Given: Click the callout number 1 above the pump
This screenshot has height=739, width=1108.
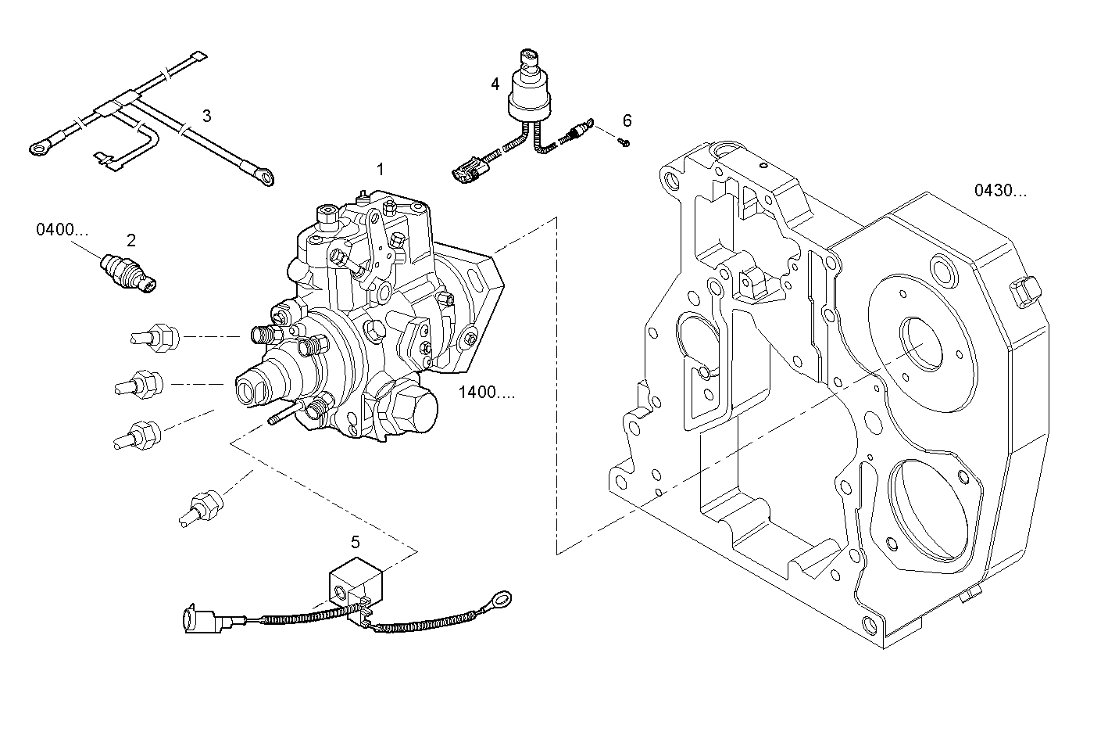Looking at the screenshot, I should [381, 169].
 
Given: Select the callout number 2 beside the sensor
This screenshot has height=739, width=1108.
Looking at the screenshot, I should [131, 240].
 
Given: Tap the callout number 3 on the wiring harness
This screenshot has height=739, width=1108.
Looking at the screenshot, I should [206, 117].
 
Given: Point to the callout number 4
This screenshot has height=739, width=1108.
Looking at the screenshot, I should [495, 83].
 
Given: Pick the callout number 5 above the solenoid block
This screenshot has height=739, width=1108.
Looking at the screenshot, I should [355, 542].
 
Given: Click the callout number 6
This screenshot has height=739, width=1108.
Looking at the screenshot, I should [627, 120].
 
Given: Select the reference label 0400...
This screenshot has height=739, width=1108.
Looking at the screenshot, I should [62, 229].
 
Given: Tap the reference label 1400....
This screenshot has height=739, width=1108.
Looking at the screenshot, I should [486, 393].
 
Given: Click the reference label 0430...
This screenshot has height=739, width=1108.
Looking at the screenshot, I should [1000, 190].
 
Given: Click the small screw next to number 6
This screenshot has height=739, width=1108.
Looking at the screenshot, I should [623, 142].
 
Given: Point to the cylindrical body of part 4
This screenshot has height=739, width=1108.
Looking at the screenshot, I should [531, 97].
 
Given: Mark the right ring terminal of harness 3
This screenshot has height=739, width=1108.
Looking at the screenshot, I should [267, 179].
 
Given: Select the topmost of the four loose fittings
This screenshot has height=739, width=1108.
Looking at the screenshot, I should [157, 337].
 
